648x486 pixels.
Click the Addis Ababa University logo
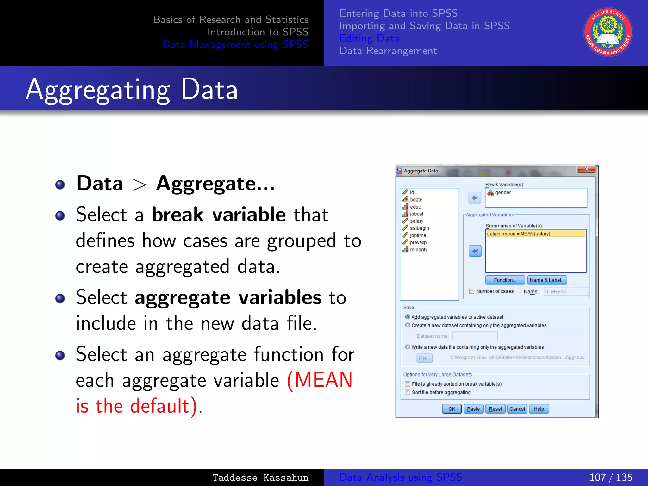point(608,32)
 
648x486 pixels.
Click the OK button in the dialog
point(452,409)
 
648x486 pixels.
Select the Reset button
point(495,409)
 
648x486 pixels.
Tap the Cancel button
point(517,409)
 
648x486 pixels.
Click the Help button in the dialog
point(539,409)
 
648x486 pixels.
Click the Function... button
point(505,280)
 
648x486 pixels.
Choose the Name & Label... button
point(547,280)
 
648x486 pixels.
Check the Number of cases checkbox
point(472,291)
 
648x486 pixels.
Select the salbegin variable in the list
point(419,228)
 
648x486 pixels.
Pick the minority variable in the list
point(418,250)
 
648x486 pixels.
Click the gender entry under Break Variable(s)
point(502,192)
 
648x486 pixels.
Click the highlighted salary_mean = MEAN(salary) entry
point(535,234)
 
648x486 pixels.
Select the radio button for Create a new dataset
point(408,325)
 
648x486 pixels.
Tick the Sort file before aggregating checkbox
point(408,392)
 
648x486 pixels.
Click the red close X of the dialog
point(586,169)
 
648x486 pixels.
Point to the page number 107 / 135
point(610,477)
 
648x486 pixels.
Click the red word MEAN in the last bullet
point(323,380)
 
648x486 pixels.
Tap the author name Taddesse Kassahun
point(260,477)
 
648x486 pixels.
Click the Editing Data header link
point(369,38)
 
